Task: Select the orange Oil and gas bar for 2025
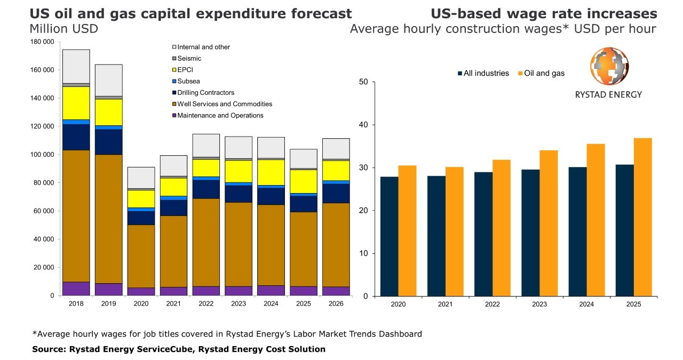point(642,217)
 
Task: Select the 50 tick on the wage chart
point(363,82)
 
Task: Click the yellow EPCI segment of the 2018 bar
point(76,103)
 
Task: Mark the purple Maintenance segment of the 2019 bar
point(109,289)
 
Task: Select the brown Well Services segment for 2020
point(141,256)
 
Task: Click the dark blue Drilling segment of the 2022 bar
point(206,189)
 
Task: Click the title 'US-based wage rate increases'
point(544,13)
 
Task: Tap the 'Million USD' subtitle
point(64,29)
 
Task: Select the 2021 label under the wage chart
point(445,304)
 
